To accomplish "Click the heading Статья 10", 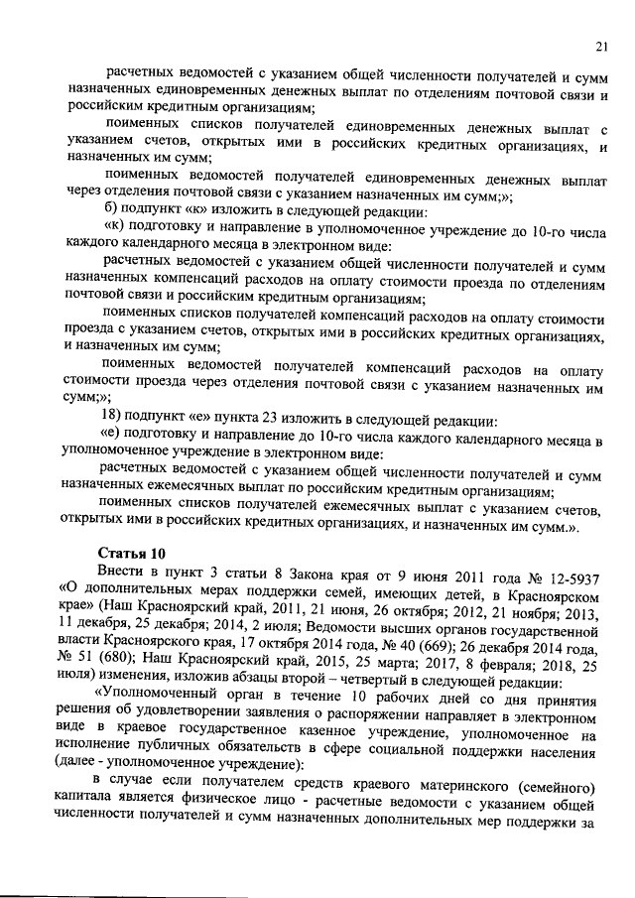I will click(126, 552).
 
